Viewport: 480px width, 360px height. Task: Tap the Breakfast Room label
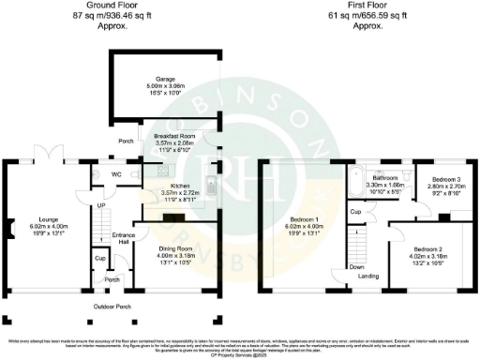[173, 137]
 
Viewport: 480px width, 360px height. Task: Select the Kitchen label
[180, 186]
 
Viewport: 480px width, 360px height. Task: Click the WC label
[117, 174]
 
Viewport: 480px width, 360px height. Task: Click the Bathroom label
[385, 177]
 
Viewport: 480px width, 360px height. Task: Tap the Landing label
[368, 276]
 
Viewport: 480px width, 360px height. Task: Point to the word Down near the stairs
[355, 266]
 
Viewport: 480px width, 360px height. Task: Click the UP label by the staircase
[100, 205]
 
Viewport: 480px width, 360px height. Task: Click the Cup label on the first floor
[355, 212]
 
